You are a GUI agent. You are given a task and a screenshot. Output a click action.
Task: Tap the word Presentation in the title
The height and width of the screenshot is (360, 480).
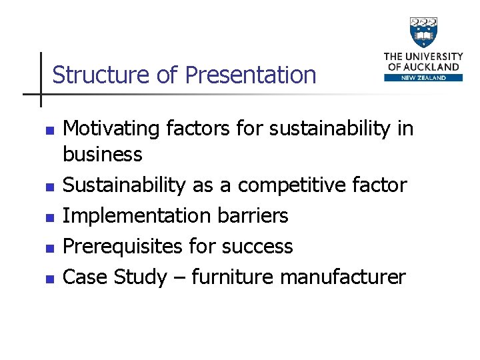[250, 75]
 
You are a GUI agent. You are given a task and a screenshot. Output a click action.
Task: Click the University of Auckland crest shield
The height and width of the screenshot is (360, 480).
[423, 32]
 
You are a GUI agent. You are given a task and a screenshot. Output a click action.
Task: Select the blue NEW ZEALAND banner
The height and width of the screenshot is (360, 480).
[423, 77]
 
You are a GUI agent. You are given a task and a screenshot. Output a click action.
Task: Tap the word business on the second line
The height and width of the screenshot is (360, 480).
[102, 155]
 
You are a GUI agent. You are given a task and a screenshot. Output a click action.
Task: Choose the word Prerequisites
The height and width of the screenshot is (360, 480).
[122, 246]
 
